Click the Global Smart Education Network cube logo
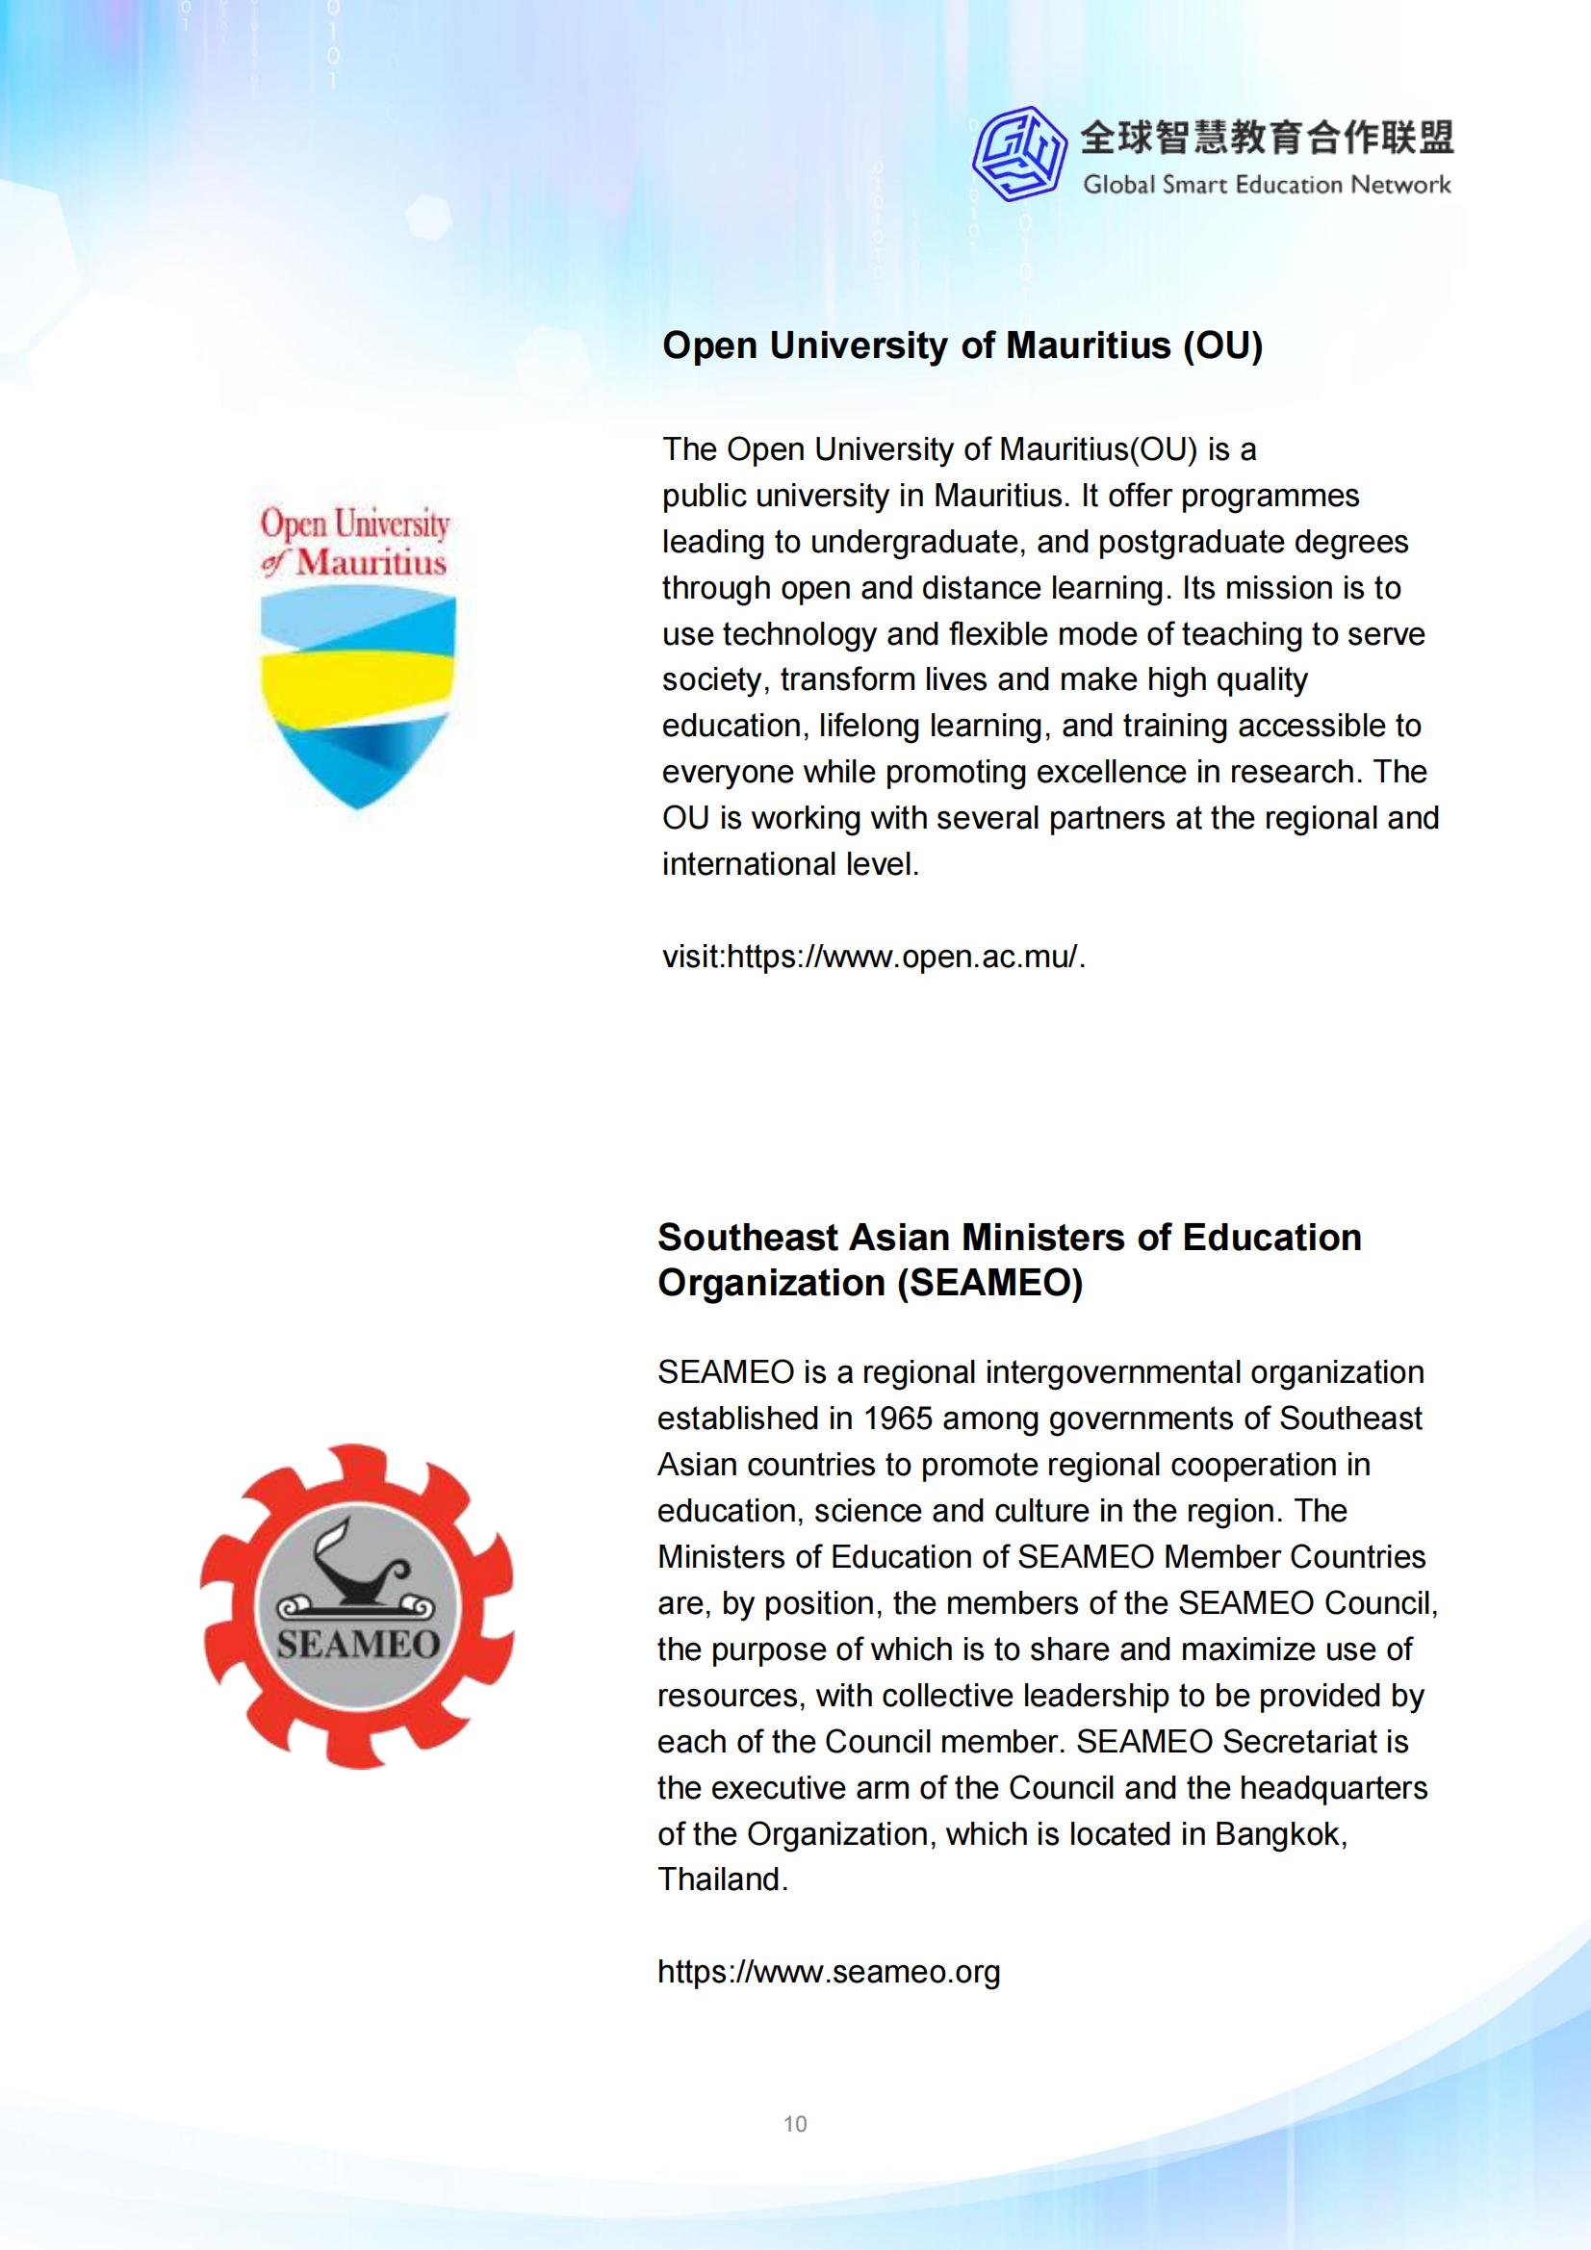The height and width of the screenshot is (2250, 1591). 1019,153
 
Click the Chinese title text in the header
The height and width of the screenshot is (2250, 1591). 1267,139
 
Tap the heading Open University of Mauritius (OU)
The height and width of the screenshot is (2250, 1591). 962,345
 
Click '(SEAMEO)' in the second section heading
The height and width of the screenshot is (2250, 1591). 989,1283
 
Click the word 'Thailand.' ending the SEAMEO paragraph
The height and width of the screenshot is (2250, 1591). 723,1879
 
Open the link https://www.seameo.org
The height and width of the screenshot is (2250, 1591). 829,1971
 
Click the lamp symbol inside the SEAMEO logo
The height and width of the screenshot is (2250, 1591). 355,1569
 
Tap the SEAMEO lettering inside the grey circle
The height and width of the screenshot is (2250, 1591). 357,1644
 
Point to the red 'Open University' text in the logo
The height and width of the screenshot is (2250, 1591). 354,524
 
